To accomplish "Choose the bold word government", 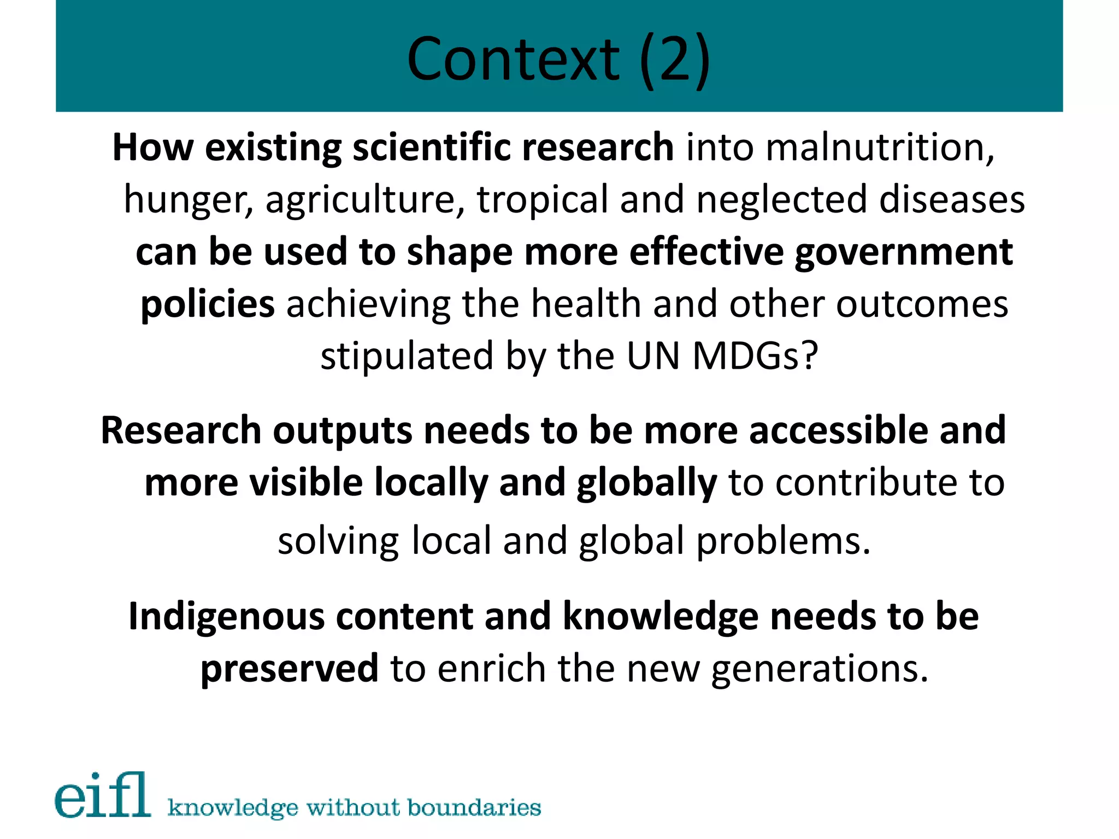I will point(904,252).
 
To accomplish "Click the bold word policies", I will point(208,304).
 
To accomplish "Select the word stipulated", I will point(407,356).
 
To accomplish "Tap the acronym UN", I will point(653,356).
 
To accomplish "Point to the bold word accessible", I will point(838,430).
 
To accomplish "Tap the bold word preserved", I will point(289,669).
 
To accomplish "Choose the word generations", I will point(819,669).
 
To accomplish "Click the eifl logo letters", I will point(103,796).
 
